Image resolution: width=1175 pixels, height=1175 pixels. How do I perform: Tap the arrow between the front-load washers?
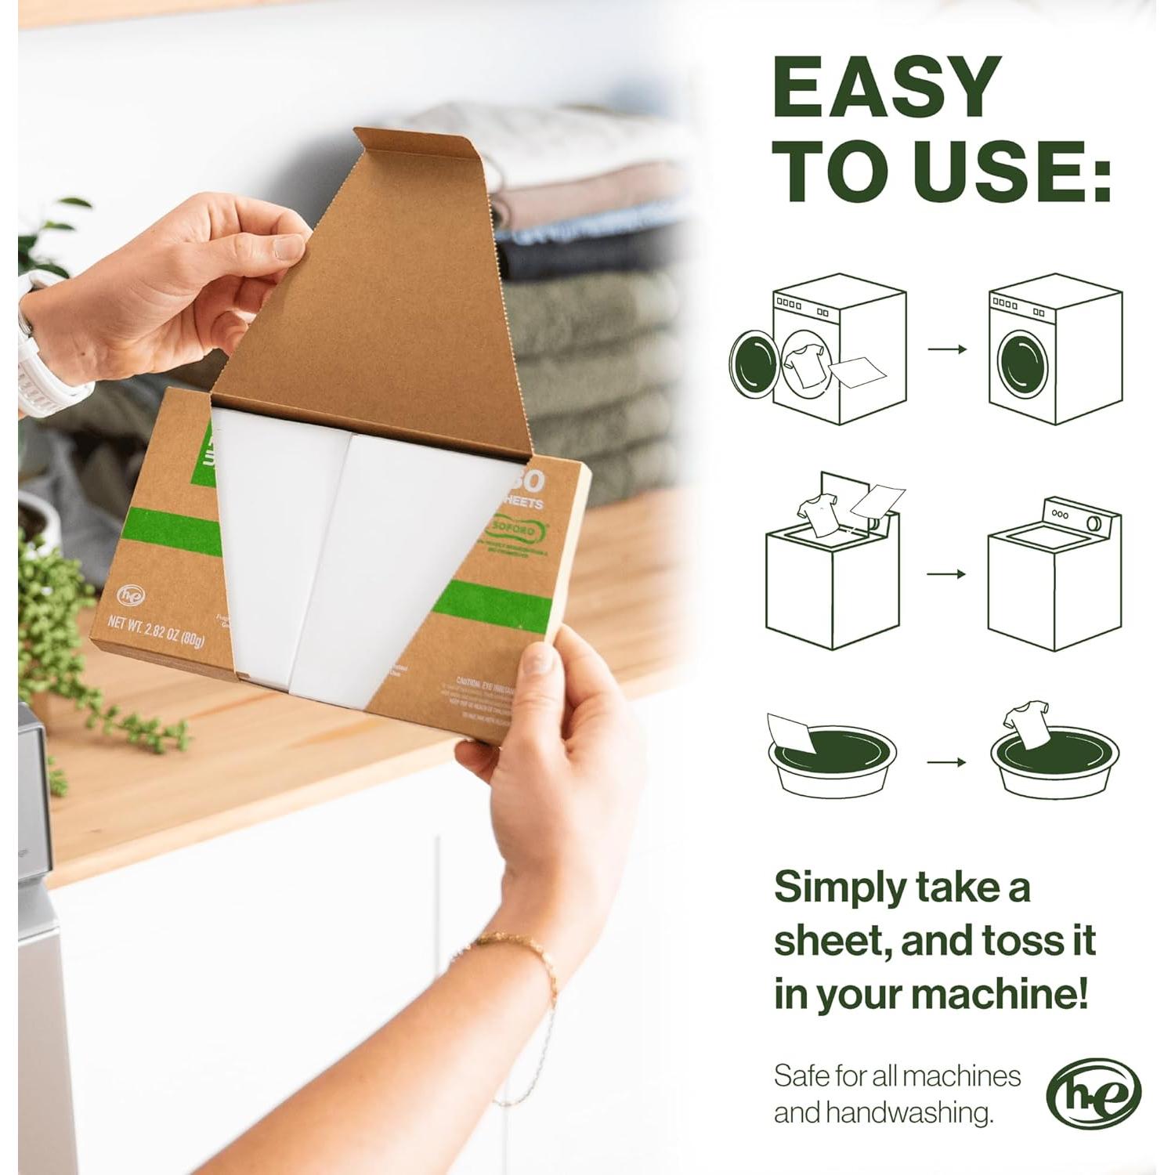point(947,349)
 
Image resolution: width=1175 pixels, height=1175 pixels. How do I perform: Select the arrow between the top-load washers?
point(947,574)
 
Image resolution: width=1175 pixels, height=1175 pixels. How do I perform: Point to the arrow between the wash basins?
point(947,761)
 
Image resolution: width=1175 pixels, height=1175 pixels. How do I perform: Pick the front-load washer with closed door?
point(1054,350)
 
